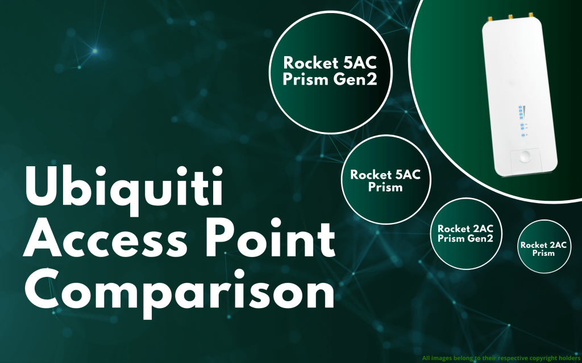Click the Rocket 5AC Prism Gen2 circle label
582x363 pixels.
(x=322, y=71)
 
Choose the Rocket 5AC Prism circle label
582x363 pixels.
(x=385, y=180)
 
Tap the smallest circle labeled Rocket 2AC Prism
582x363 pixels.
(x=544, y=246)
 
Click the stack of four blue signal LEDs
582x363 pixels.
(x=519, y=110)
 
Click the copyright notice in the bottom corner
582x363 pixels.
(x=501, y=358)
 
